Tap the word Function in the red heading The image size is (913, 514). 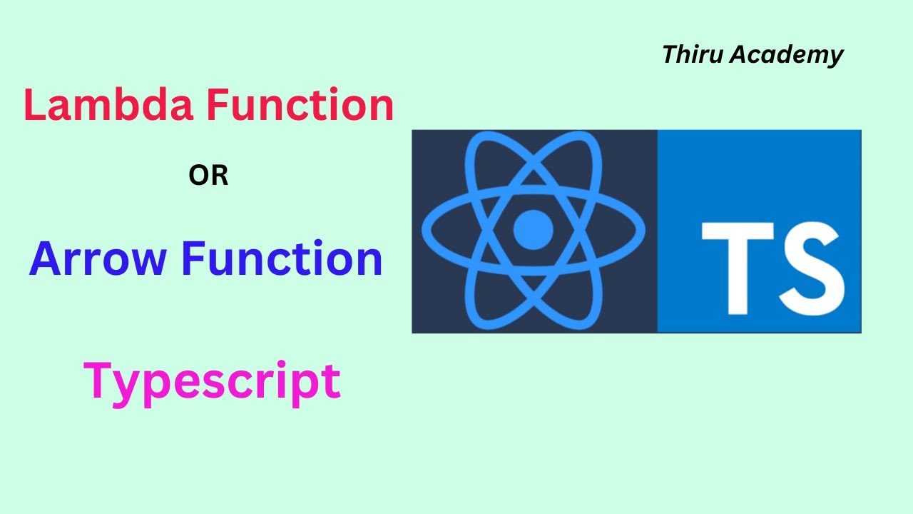pyautogui.click(x=300, y=106)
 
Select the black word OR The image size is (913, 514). pyautogui.click(x=208, y=176)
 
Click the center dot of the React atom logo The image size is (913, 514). pyautogui.click(x=534, y=229)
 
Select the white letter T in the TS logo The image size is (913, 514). pyautogui.click(x=738, y=267)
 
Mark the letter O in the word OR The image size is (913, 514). pyautogui.click(x=199, y=176)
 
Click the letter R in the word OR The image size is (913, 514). pyautogui.click(x=218, y=176)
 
